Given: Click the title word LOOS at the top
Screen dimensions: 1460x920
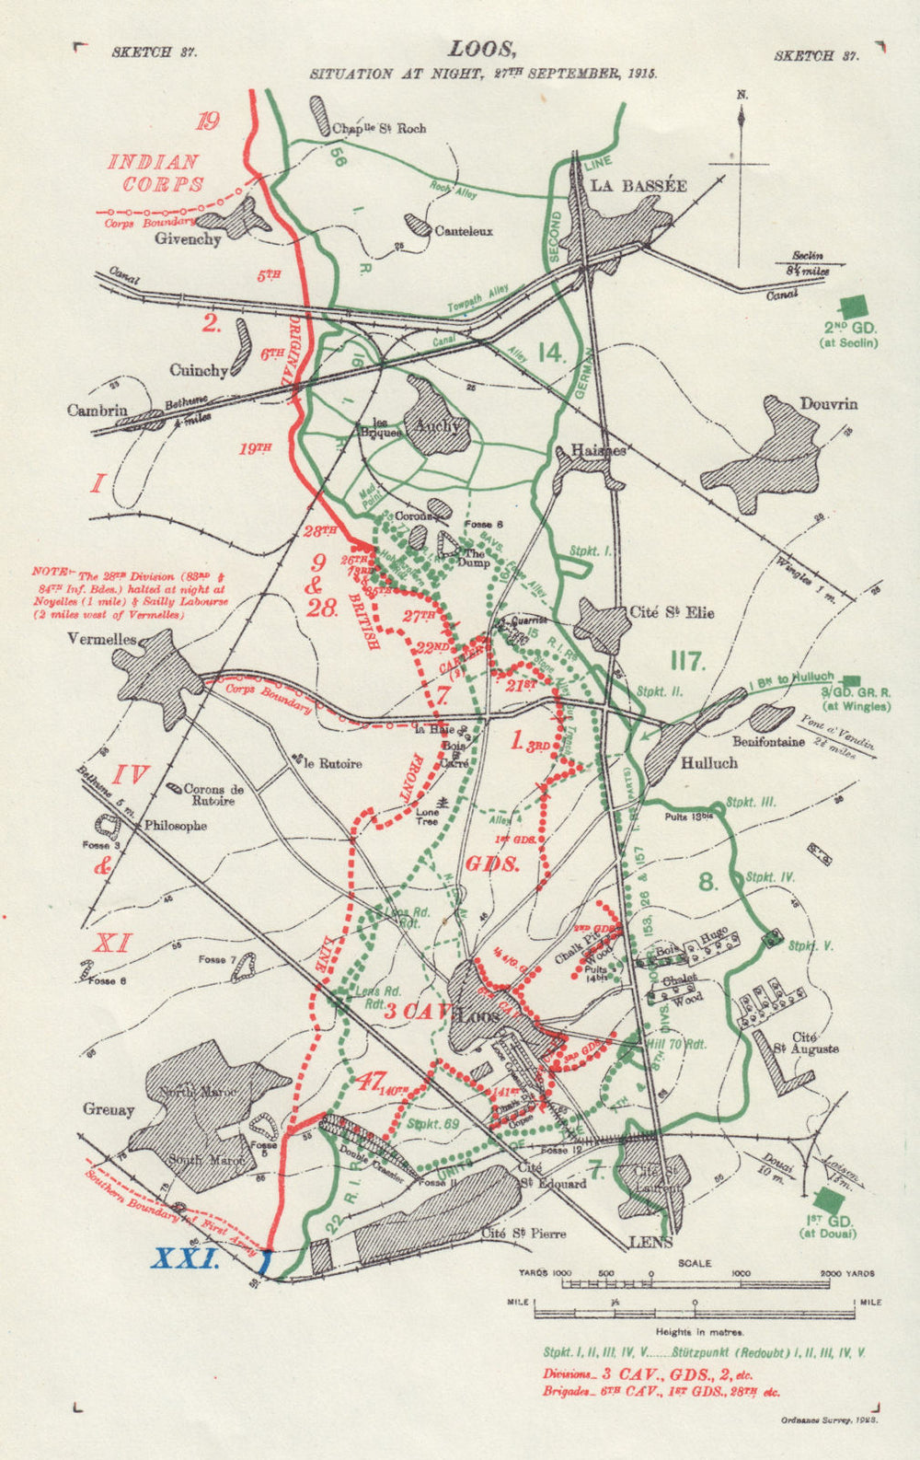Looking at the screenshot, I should [x=476, y=50].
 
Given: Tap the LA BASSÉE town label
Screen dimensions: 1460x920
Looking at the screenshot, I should [x=638, y=185].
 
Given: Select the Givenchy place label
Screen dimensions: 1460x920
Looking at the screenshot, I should [x=188, y=239].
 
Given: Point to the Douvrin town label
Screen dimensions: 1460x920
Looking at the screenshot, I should [x=828, y=404].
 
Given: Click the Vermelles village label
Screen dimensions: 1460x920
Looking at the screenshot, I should [x=101, y=639].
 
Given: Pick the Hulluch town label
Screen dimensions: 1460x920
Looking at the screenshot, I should [x=709, y=763].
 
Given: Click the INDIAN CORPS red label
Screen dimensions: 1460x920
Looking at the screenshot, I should [x=156, y=173].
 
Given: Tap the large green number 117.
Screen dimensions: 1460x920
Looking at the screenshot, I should [x=687, y=661].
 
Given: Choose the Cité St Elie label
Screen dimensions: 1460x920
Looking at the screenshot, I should [x=672, y=613].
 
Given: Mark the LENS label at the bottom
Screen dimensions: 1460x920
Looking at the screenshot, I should [x=650, y=1242].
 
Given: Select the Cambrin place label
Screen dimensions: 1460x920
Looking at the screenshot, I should [x=97, y=411].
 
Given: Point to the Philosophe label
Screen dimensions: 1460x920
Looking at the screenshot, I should [x=175, y=826].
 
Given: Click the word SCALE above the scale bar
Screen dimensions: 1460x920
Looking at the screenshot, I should [x=695, y=1263].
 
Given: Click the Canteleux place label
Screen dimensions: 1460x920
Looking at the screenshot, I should [x=464, y=231].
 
